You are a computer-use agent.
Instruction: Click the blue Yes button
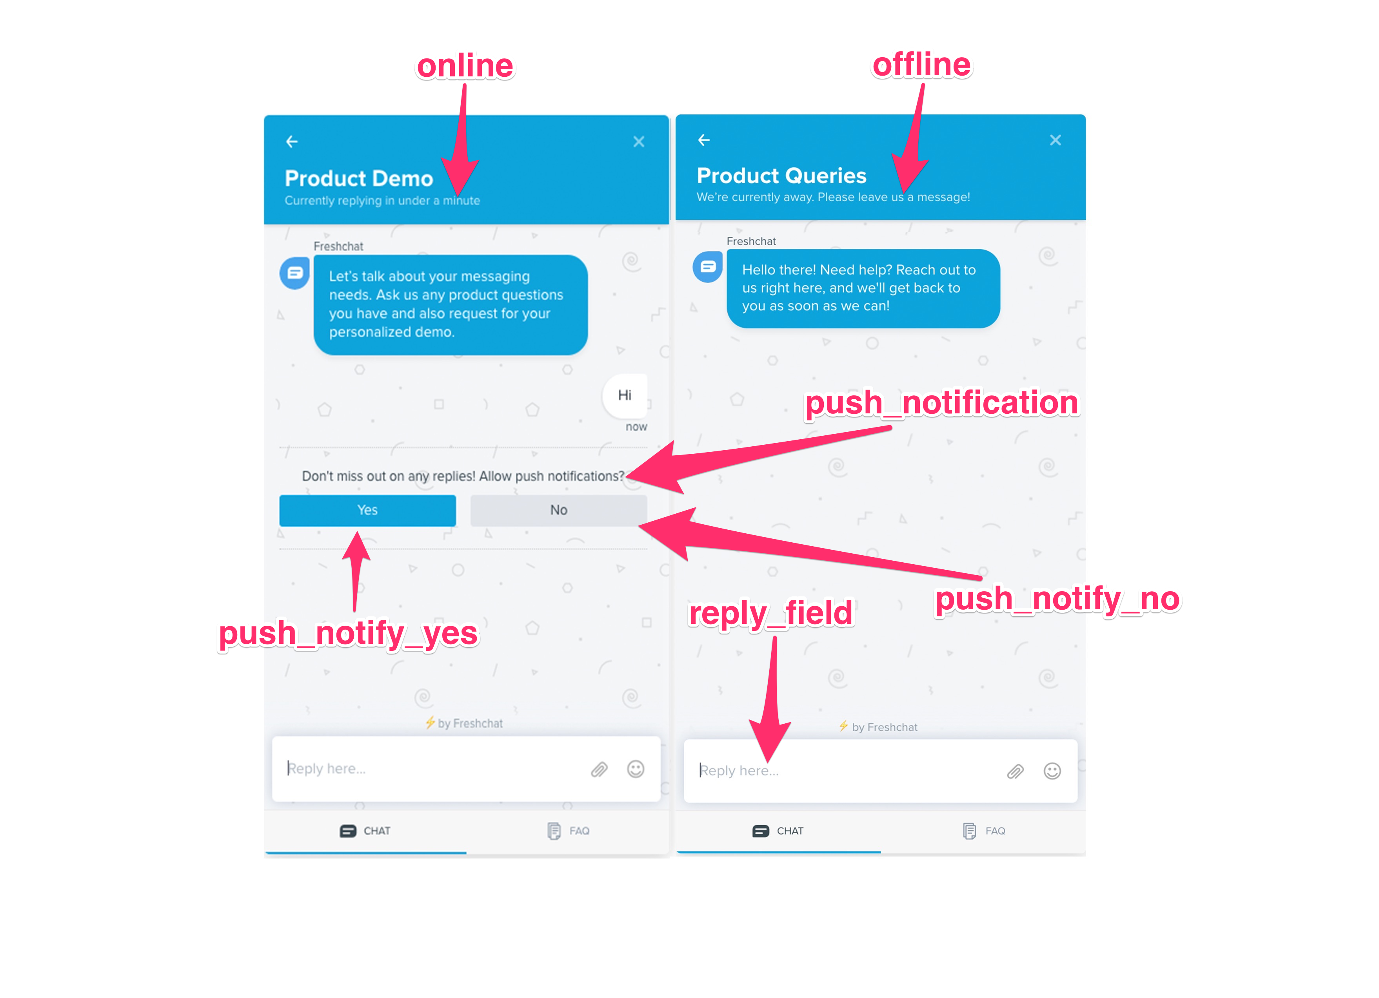point(367,510)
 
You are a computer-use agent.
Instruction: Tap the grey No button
point(558,510)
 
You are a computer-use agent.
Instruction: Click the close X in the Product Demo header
point(638,141)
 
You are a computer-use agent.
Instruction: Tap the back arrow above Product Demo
point(292,141)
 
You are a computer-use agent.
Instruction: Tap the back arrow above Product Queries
point(703,140)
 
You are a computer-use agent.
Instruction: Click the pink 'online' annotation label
point(465,66)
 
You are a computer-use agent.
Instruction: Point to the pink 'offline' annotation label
point(922,64)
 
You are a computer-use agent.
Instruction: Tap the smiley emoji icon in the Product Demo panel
point(635,769)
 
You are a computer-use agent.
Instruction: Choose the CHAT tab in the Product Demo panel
point(365,831)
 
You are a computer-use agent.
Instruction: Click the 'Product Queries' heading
point(781,176)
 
